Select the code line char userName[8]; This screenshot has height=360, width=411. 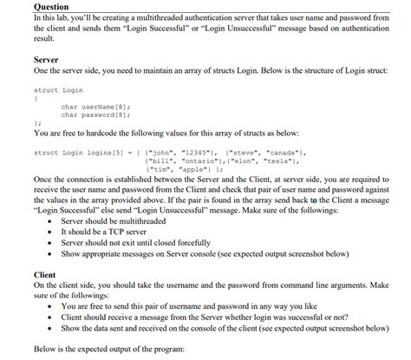click(95, 107)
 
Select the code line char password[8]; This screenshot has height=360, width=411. click(95, 115)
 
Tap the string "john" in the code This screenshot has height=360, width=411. click(165, 153)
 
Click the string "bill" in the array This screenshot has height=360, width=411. click(165, 160)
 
